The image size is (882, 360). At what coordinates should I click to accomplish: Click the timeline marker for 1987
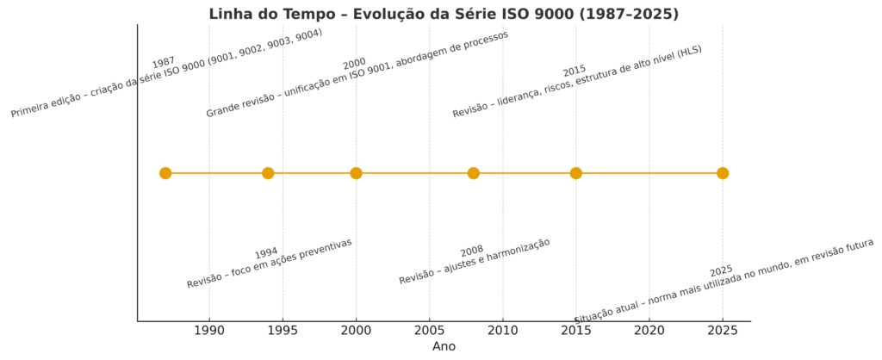pyautogui.click(x=165, y=173)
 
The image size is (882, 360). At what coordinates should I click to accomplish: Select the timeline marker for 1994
pyautogui.click(x=268, y=173)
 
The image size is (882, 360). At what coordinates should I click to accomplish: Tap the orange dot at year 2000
pyautogui.click(x=356, y=173)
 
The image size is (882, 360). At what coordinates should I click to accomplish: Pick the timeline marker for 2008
pyautogui.click(x=473, y=173)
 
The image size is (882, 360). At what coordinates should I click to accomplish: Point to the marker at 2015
pyautogui.click(x=575, y=173)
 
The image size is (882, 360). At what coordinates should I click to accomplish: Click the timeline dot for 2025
pyautogui.click(x=723, y=173)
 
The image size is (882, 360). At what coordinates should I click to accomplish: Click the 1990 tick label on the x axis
pyautogui.click(x=209, y=330)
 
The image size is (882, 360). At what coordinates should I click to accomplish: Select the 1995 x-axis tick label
pyautogui.click(x=283, y=330)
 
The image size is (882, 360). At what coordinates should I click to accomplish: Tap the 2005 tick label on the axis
pyautogui.click(x=429, y=330)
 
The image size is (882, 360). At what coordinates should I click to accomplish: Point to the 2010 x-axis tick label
pyautogui.click(x=503, y=330)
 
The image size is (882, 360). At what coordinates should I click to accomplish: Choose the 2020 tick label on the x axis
pyautogui.click(x=649, y=330)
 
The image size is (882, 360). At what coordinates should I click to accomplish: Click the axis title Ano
pyautogui.click(x=444, y=346)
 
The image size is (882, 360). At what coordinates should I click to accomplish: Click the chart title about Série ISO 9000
pyautogui.click(x=444, y=14)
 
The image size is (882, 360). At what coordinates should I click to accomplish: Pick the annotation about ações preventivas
pyautogui.click(x=270, y=264)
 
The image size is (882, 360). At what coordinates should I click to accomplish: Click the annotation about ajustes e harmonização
pyautogui.click(x=475, y=261)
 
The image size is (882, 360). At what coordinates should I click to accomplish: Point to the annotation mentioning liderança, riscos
pyautogui.click(x=578, y=82)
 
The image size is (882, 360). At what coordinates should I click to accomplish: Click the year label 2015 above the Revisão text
pyautogui.click(x=575, y=71)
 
